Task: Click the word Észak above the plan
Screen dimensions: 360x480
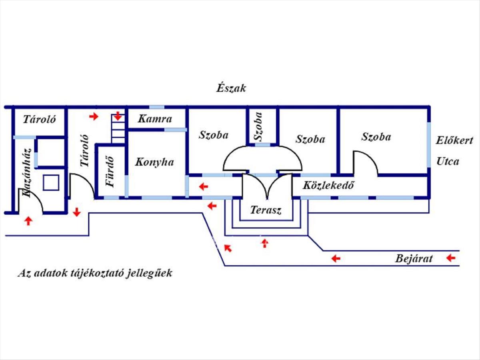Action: point(231,88)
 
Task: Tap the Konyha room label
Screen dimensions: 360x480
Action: point(154,162)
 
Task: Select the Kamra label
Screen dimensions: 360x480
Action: point(155,119)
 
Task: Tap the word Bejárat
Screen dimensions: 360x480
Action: point(414,258)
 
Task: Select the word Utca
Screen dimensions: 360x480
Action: point(448,162)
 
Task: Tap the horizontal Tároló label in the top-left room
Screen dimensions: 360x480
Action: point(39,119)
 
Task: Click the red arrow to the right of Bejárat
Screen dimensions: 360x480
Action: point(451,258)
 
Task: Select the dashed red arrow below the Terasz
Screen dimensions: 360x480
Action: point(264,243)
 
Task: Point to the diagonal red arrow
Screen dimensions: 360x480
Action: point(228,248)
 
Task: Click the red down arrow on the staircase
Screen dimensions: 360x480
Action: point(118,116)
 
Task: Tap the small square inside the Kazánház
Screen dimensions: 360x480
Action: point(51,182)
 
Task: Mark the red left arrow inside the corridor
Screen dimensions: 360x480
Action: point(204,186)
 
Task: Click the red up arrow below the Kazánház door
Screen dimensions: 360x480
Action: point(28,220)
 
